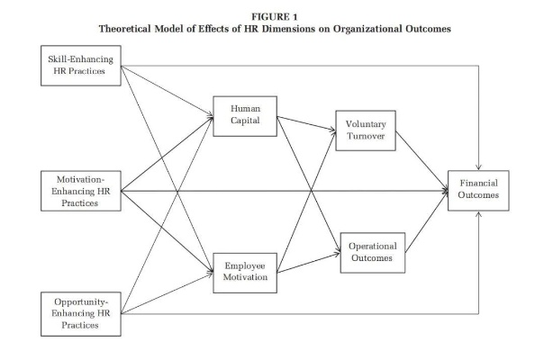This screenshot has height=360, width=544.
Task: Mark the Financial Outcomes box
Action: pos(486,190)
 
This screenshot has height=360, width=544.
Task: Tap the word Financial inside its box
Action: pos(486,184)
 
